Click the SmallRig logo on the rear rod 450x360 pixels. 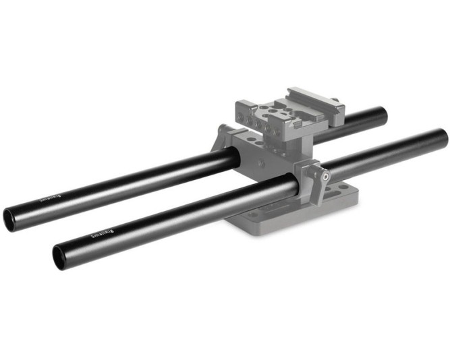pyautogui.click(x=49, y=198)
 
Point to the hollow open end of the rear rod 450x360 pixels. pyautogui.click(x=11, y=219)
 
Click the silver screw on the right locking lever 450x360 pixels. pyautogui.click(x=326, y=177)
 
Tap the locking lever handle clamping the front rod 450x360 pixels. pyautogui.click(x=318, y=182)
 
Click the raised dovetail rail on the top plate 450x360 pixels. pyautogui.click(x=314, y=98)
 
